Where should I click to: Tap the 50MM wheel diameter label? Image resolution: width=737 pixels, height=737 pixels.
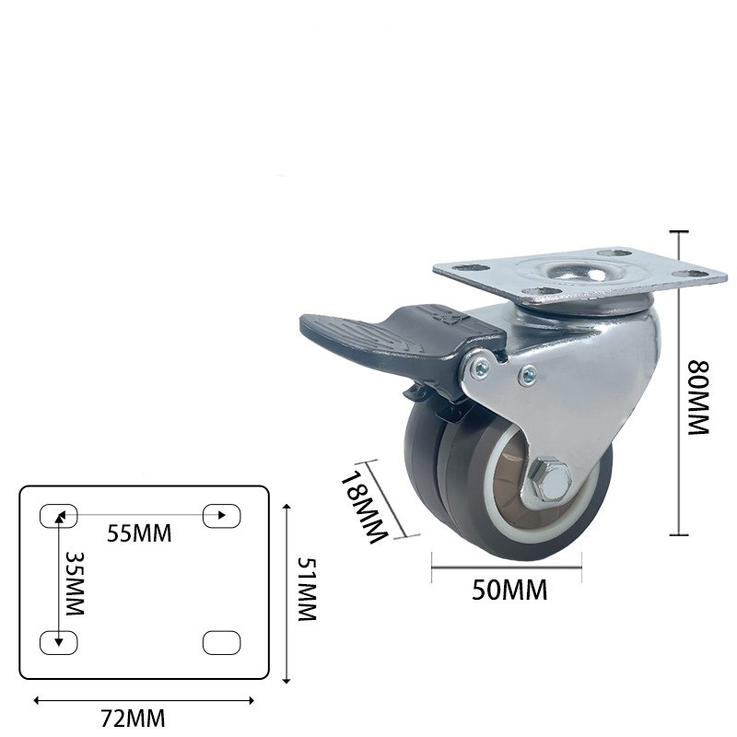click(509, 591)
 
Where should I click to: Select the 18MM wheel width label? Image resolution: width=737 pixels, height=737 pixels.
click(361, 508)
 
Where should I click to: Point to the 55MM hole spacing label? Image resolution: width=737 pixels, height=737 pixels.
click(139, 533)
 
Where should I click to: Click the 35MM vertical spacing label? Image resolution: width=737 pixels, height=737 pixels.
click(75, 584)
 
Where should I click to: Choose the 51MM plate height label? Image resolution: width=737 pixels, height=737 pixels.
click(307, 590)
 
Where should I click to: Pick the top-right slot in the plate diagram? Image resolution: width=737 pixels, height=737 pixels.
click(221, 515)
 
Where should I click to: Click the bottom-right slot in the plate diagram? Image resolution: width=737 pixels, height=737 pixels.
click(221, 642)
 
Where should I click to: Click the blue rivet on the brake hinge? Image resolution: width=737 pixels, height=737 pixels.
click(483, 369)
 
